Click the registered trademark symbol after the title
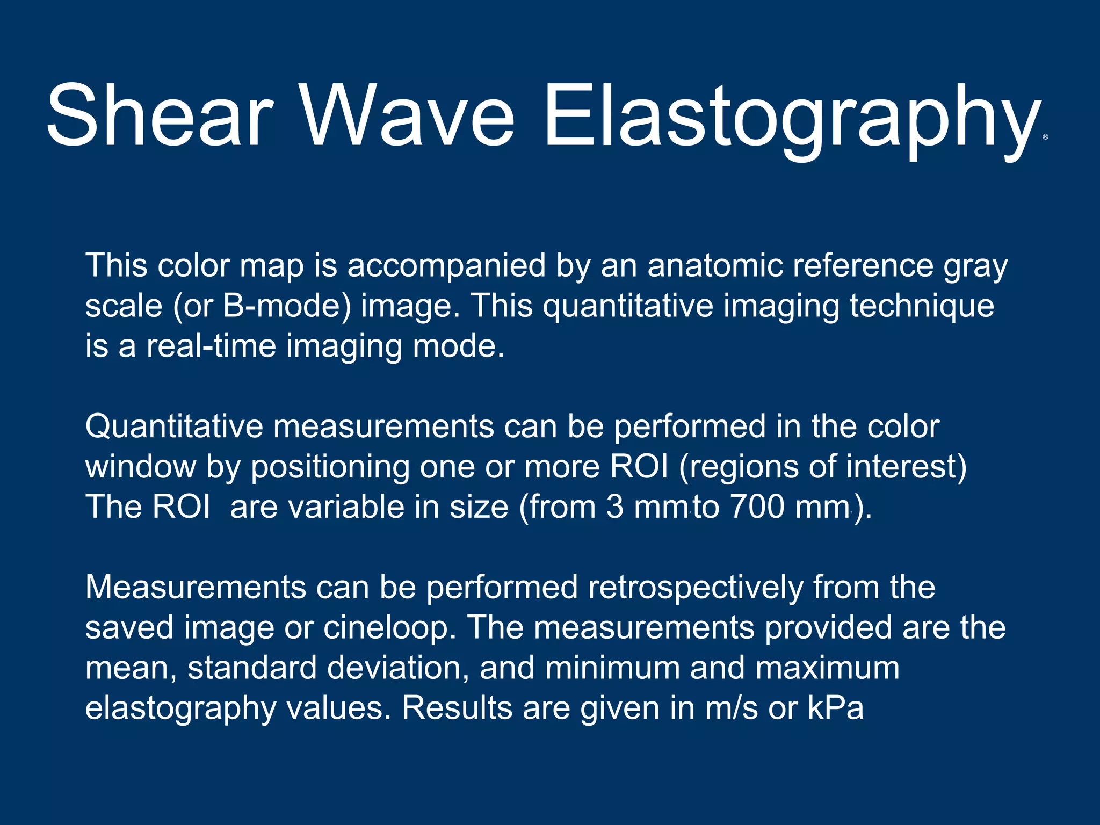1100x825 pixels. tap(1045, 137)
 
